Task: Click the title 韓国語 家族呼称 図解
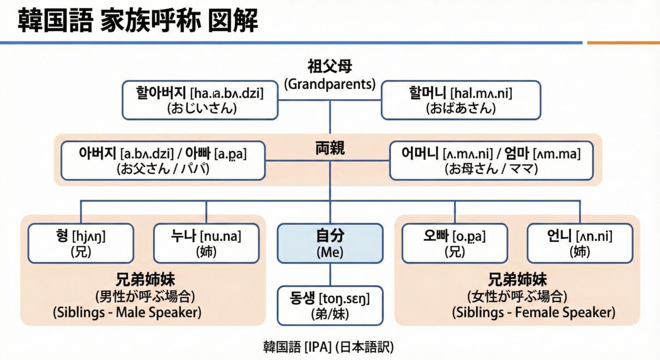[x=138, y=20]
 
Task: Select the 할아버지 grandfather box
[x=200, y=100]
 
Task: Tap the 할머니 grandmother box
[x=461, y=100]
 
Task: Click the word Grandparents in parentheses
[x=330, y=84]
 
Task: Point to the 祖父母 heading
[x=330, y=66]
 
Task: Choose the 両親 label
[x=330, y=148]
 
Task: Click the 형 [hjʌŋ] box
[x=81, y=243]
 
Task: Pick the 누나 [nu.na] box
[x=206, y=243]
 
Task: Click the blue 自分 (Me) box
[x=330, y=243]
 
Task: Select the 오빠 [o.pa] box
[x=455, y=243]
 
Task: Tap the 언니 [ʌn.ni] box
[x=580, y=243]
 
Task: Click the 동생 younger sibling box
[x=330, y=306]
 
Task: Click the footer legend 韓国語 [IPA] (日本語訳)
[x=328, y=347]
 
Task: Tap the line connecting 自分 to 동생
[x=330, y=275]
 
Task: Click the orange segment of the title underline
[x=623, y=43]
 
